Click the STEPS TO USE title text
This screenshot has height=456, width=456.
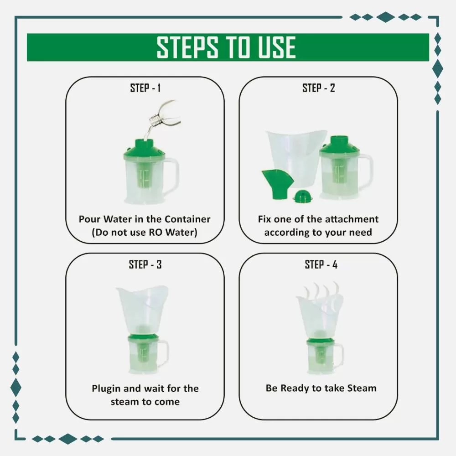click(x=226, y=47)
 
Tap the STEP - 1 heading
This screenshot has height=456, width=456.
click(x=145, y=88)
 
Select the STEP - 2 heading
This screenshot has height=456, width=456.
click(x=318, y=88)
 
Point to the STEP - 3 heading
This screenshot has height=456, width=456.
click(x=145, y=264)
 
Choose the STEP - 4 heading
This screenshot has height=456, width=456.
click(x=321, y=264)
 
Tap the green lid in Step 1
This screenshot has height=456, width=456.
click(x=145, y=147)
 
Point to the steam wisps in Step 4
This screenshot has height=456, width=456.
click(x=320, y=291)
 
